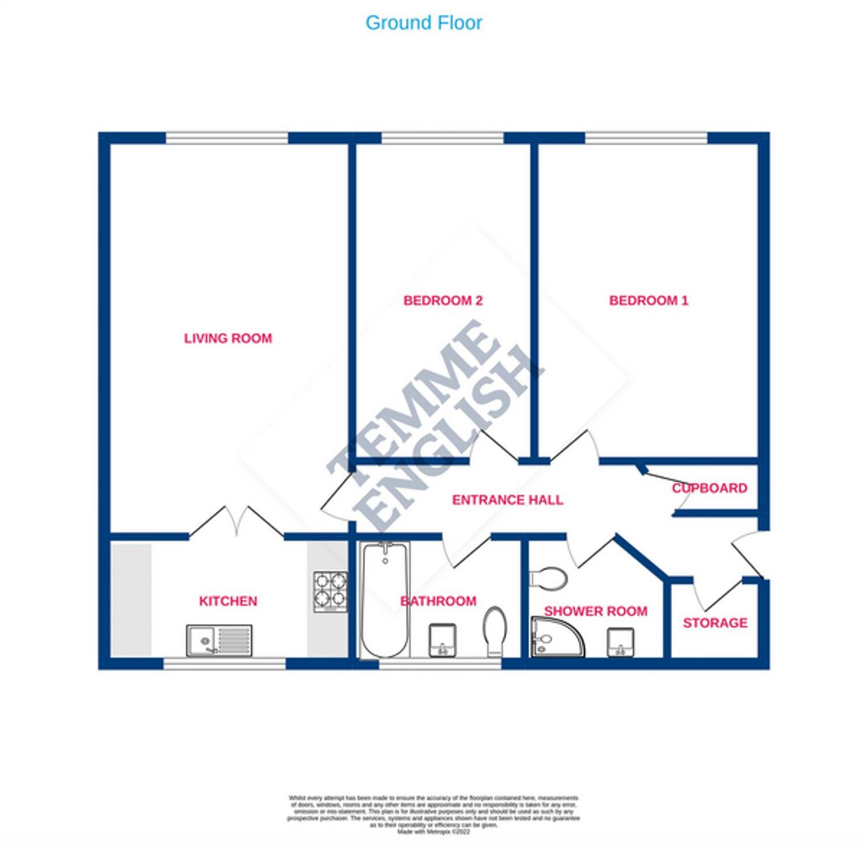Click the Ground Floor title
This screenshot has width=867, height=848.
pos(424,23)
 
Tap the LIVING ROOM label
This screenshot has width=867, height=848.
pos(228,338)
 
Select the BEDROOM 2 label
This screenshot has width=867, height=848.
pos(443,300)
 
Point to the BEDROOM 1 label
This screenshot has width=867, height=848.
pos(649,300)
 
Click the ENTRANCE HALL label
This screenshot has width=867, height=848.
pos(507,499)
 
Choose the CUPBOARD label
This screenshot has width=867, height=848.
pos(710,488)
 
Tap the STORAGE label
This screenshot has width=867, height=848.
pos(715,623)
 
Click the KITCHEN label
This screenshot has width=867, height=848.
pos(228,601)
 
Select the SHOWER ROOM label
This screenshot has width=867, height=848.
pos(595,611)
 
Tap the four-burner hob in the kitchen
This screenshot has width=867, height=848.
pos(330,592)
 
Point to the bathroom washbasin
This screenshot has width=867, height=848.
pos(443,640)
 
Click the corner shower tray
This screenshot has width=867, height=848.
pos(555,637)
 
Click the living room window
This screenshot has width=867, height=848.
pos(227,138)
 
